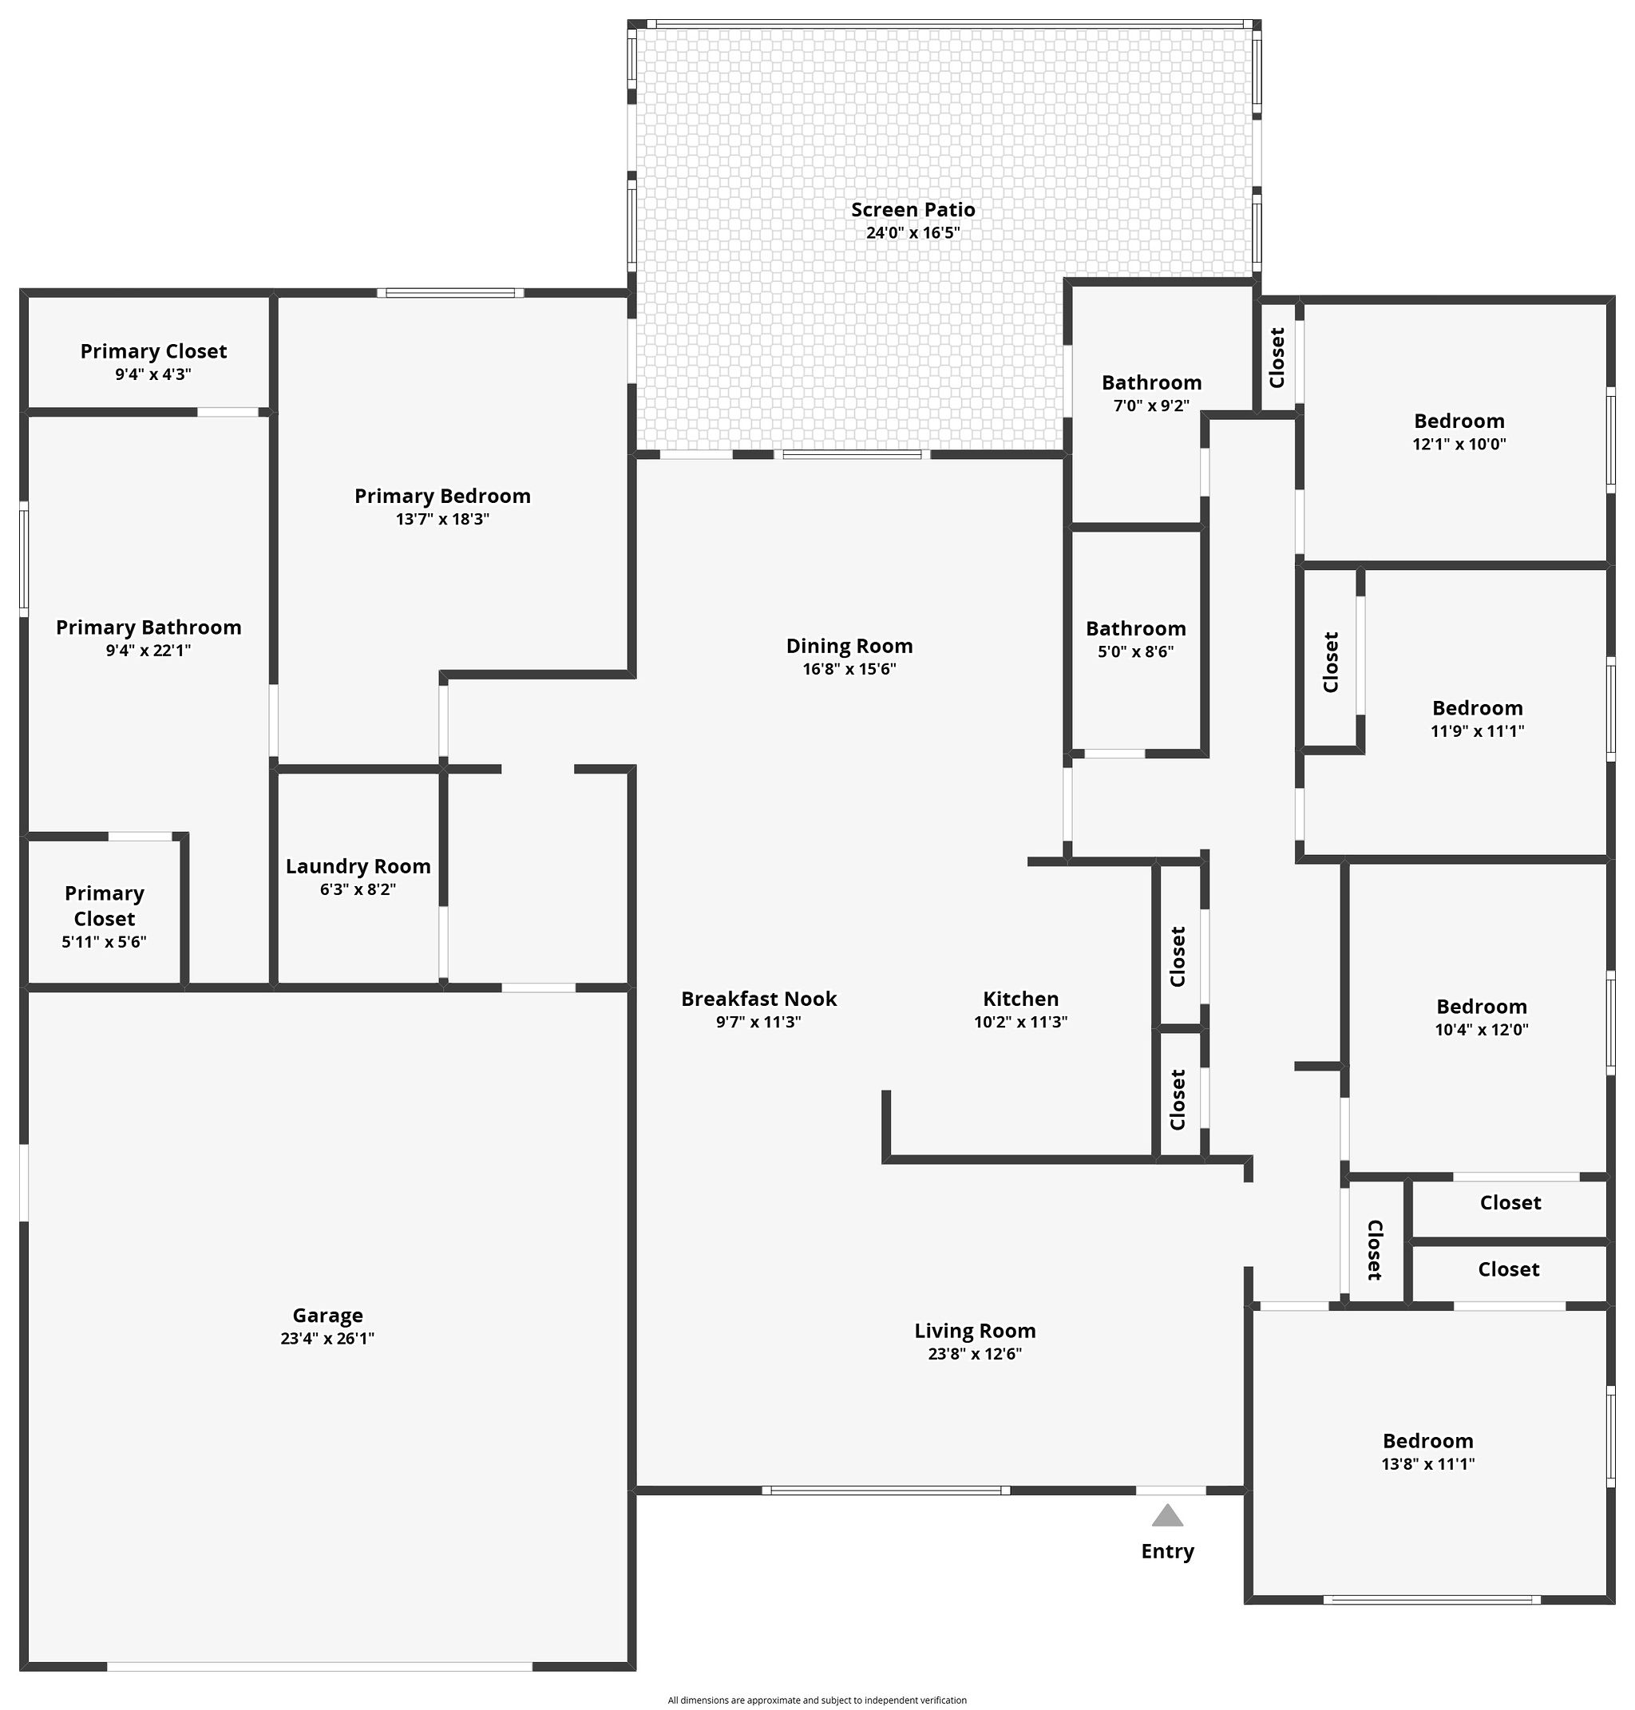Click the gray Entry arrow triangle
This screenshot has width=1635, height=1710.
coord(1167,1517)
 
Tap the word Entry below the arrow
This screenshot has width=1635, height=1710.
coord(1167,1551)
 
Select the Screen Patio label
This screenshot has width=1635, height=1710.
coord(913,210)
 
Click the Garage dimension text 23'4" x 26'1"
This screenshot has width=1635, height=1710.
coord(327,1339)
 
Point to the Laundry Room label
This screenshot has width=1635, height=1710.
coord(358,866)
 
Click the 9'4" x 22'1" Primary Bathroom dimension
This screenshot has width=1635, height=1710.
coord(148,650)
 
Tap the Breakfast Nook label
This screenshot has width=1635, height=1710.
coord(758,999)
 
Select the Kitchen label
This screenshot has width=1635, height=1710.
coord(1020,999)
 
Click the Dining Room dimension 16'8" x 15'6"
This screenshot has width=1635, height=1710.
coord(849,669)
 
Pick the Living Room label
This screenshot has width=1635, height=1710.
coord(975,1331)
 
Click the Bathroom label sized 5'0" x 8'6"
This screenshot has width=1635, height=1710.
coord(1135,628)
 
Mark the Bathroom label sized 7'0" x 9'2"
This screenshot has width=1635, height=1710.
coord(1151,382)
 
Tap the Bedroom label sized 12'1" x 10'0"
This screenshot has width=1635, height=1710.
coord(1459,421)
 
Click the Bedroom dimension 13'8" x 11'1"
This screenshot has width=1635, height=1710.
coord(1427,1464)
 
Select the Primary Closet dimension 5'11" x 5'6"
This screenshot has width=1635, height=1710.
coord(104,942)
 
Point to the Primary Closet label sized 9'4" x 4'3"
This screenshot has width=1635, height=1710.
coord(153,351)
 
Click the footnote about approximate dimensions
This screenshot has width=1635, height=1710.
coord(817,1700)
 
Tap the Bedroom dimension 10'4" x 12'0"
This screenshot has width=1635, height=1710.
coord(1482,1029)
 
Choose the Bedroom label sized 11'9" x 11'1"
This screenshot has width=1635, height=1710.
coord(1477,707)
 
